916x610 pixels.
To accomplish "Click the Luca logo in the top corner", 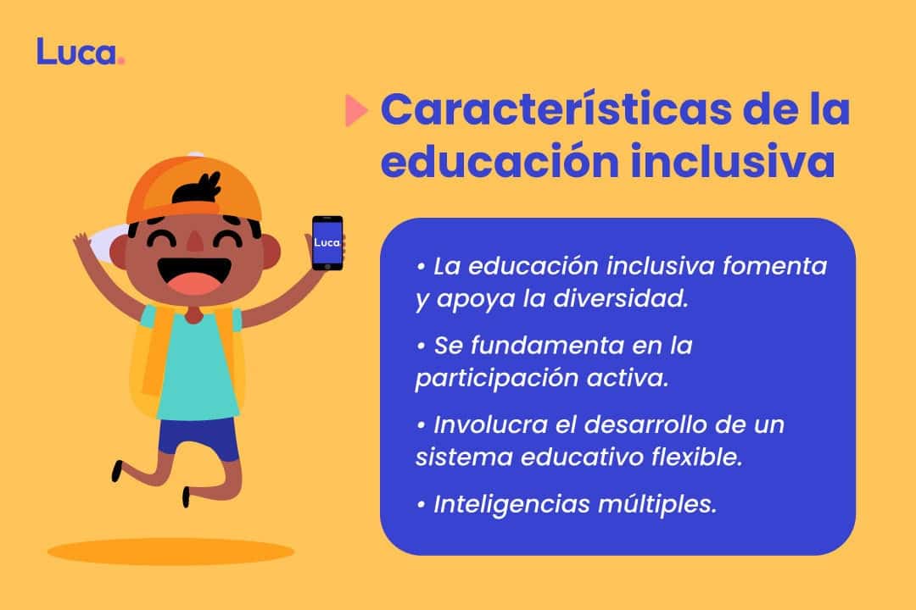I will [x=81, y=52].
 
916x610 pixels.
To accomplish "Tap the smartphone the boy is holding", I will [x=327, y=242].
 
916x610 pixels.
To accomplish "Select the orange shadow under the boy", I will [x=170, y=552].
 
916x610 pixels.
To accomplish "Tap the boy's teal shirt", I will [x=196, y=364].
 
